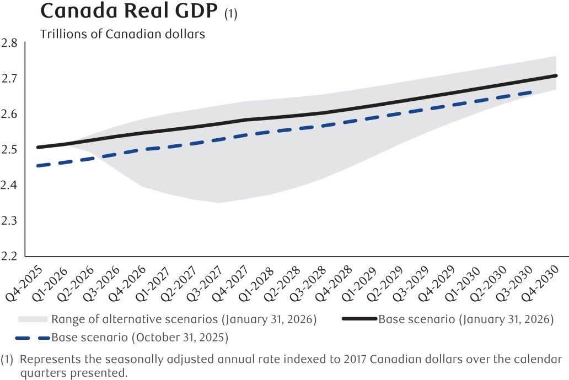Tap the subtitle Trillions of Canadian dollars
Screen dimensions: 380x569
(122, 34)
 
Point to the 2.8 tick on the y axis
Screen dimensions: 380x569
(9, 43)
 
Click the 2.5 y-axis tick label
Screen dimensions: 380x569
(9, 150)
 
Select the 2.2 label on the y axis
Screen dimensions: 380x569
(9, 257)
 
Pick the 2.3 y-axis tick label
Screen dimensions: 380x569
(9, 221)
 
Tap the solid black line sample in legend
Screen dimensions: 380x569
(360, 319)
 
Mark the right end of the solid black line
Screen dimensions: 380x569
(555, 75)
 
